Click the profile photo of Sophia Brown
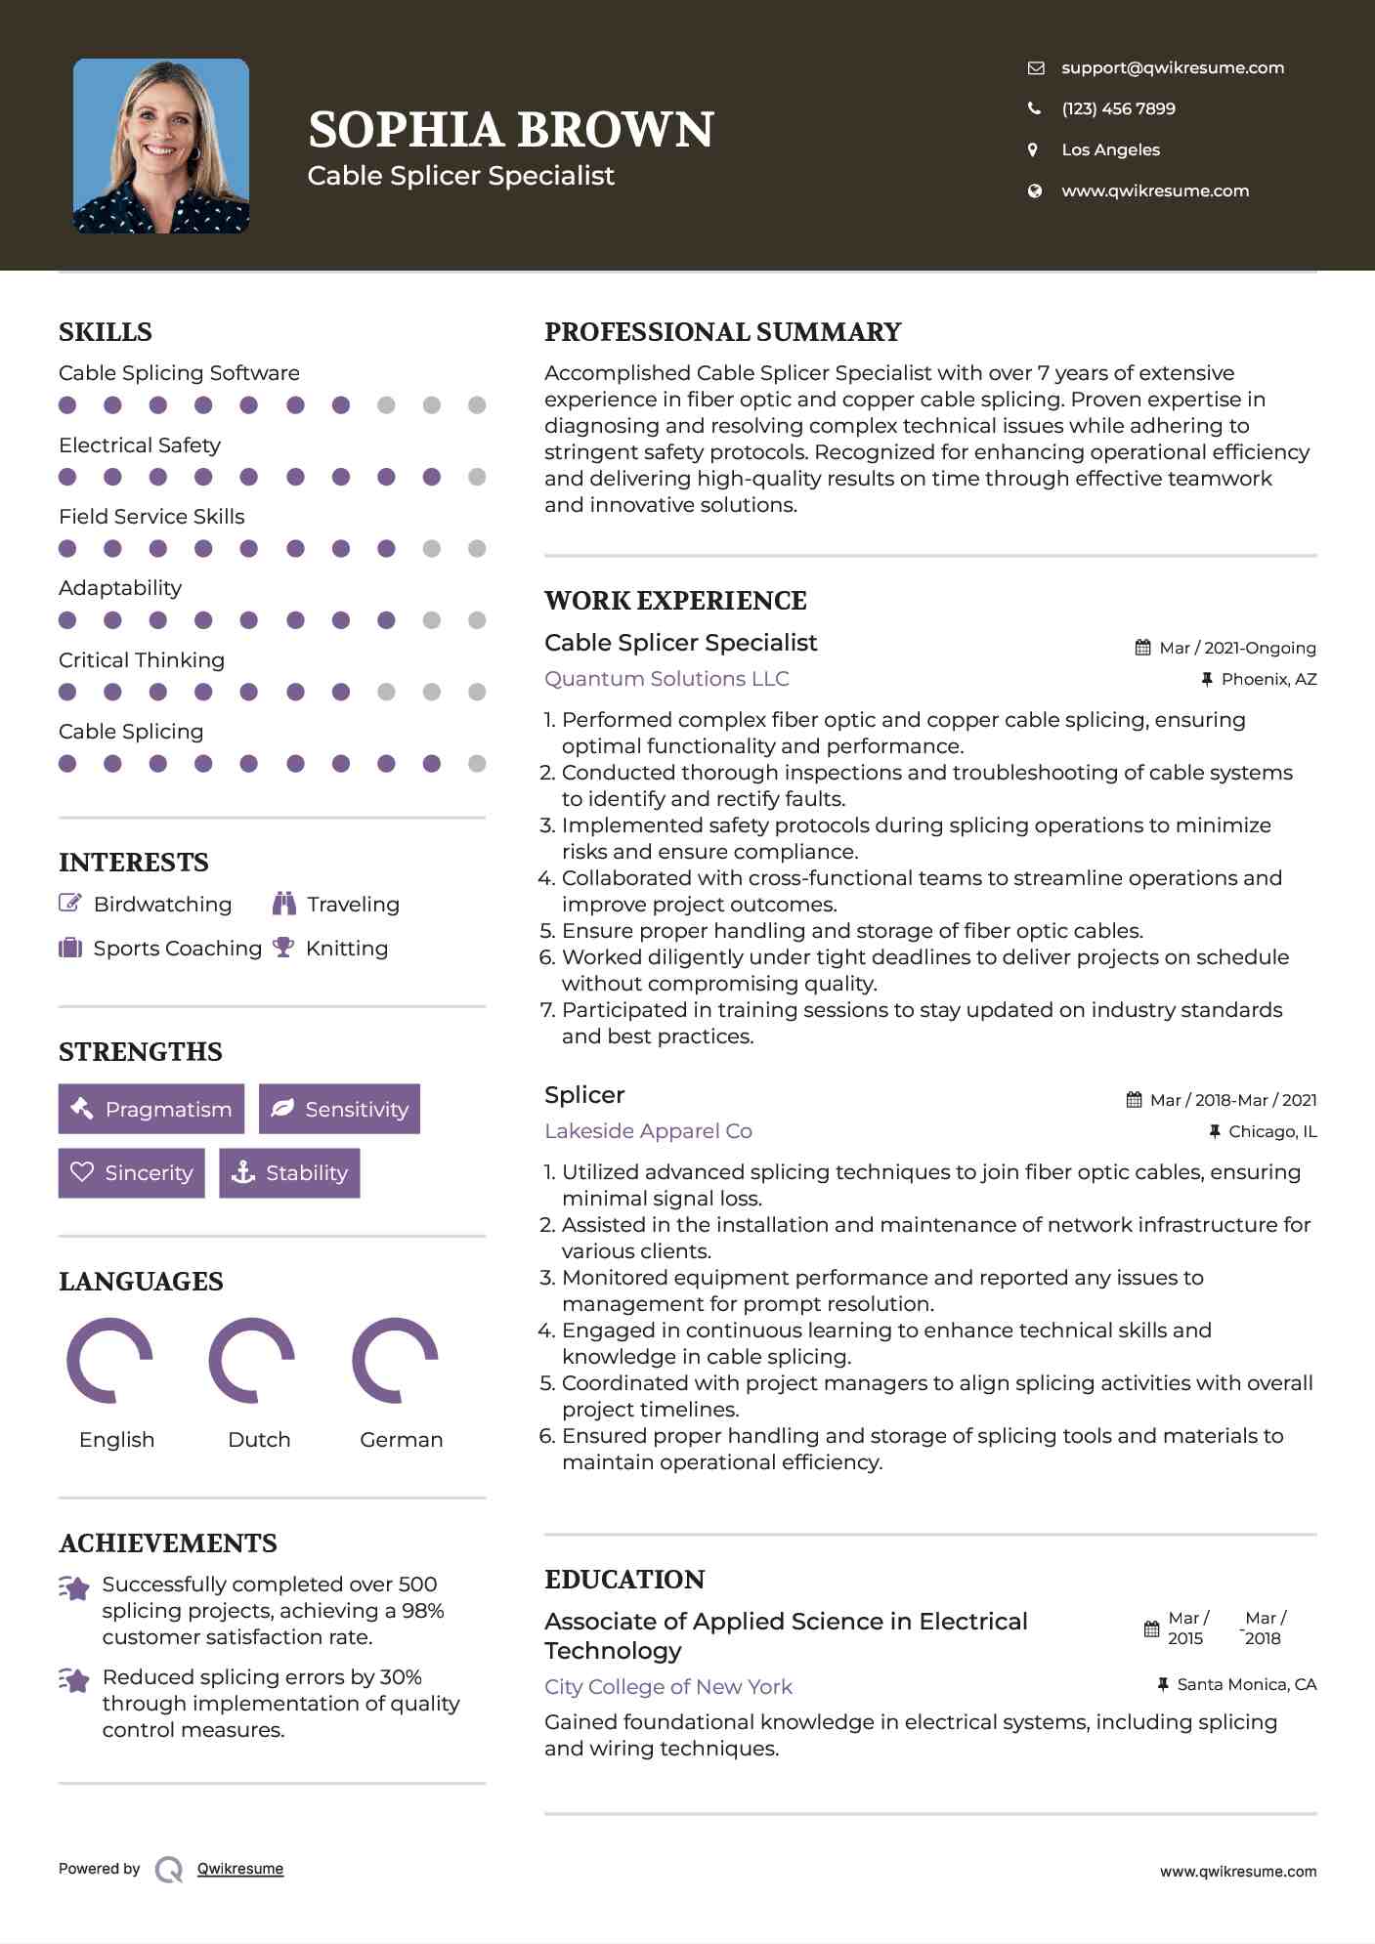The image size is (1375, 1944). click(161, 146)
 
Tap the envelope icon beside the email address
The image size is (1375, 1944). click(1036, 67)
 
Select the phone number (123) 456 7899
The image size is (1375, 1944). click(1118, 108)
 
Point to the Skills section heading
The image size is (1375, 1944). click(106, 332)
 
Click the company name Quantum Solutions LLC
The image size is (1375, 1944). click(666, 679)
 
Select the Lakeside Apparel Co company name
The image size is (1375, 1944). click(648, 1131)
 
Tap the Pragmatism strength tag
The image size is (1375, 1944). click(151, 1109)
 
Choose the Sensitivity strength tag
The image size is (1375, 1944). click(339, 1109)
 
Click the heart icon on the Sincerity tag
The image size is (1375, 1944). click(82, 1172)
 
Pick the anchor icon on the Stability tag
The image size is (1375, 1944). click(243, 1172)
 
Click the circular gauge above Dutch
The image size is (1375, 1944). click(252, 1360)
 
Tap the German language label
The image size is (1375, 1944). click(401, 1440)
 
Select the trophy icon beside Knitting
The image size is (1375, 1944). click(283, 948)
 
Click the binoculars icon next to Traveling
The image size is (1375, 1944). click(284, 904)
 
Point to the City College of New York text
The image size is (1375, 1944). click(668, 1687)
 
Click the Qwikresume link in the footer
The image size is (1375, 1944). click(240, 1869)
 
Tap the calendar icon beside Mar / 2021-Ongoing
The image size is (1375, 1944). click(1142, 648)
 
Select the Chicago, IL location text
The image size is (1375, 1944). click(1272, 1131)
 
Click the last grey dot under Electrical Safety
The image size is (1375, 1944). click(477, 477)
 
